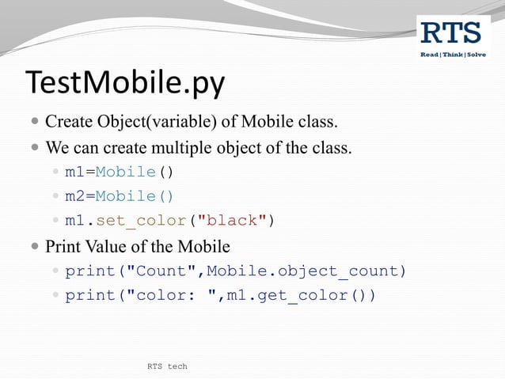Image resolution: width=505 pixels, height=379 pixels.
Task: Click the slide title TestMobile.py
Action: [x=126, y=83]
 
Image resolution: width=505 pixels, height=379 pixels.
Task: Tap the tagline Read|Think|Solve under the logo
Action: [x=452, y=54]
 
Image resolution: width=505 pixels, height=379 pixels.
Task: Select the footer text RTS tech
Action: [x=167, y=366]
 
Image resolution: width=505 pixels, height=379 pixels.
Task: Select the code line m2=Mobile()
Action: [x=119, y=196]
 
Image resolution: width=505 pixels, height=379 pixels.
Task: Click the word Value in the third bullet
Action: [x=107, y=246]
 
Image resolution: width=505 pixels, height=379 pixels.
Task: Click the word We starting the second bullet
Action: [x=57, y=148]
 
